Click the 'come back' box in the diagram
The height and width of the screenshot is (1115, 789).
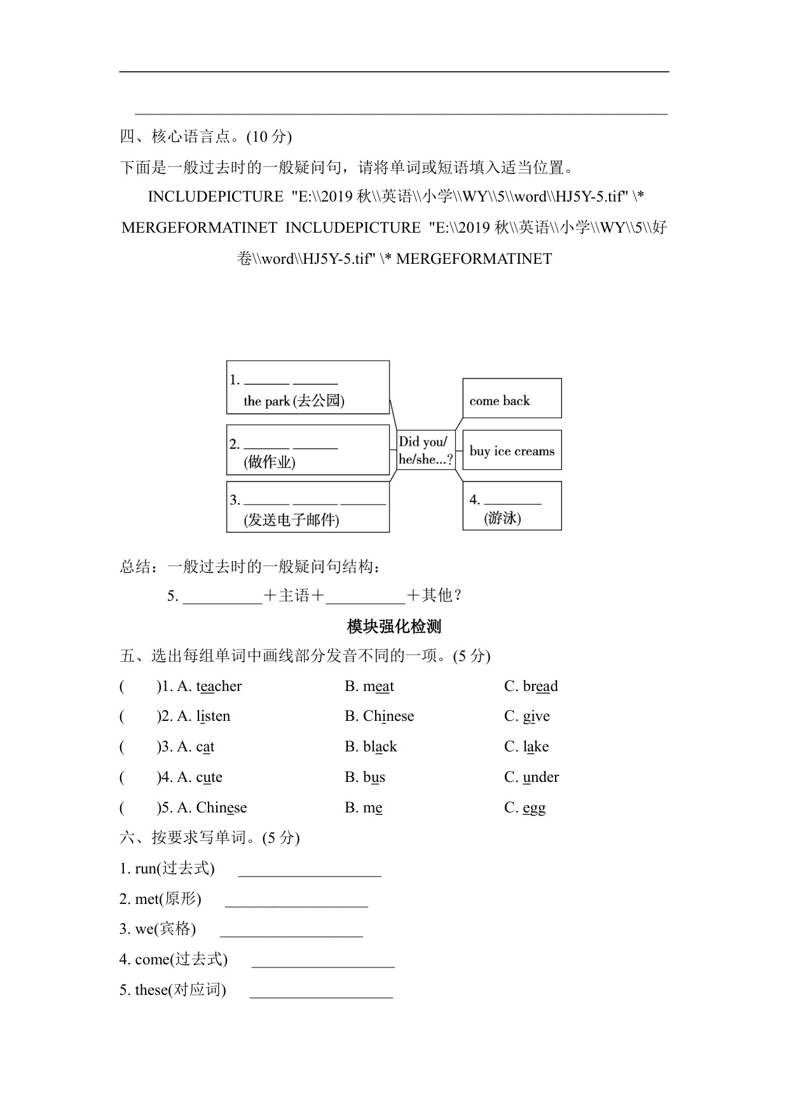[x=512, y=399]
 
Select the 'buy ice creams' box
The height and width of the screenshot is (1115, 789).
[x=512, y=451]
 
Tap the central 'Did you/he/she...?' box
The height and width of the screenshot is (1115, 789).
[x=425, y=451]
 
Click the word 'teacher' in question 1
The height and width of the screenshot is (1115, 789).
[x=219, y=687]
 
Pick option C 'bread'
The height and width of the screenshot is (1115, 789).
[x=540, y=687]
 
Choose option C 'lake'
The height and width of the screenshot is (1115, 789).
[x=535, y=747]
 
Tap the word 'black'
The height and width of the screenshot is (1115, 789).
[x=380, y=747]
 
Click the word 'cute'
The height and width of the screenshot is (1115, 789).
[x=209, y=777]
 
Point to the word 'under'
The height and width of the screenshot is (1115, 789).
[x=540, y=777]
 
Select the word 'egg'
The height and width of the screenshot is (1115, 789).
[x=534, y=808]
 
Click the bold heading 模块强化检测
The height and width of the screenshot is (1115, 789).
[x=394, y=627]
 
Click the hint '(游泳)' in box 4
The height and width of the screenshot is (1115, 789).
[x=502, y=519]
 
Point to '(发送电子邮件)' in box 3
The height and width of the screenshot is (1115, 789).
[x=292, y=520]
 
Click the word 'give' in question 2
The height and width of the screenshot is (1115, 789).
[x=536, y=716]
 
